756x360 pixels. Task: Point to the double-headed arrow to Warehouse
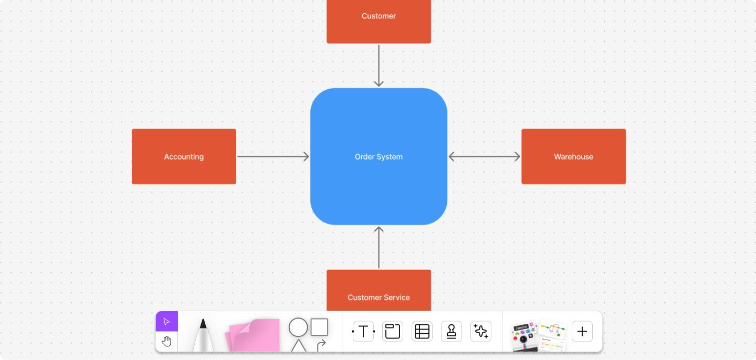[x=484, y=156]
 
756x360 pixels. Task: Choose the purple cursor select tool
[x=167, y=322]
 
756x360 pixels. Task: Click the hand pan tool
[x=167, y=342]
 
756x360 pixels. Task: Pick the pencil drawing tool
[x=203, y=336]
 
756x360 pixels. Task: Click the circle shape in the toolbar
[x=298, y=327]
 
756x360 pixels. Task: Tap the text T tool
[x=363, y=331]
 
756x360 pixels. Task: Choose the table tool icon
[x=422, y=331]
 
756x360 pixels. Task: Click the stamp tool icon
[x=451, y=331]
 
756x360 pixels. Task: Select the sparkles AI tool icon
[x=481, y=331]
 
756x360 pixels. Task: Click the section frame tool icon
[x=393, y=331]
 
